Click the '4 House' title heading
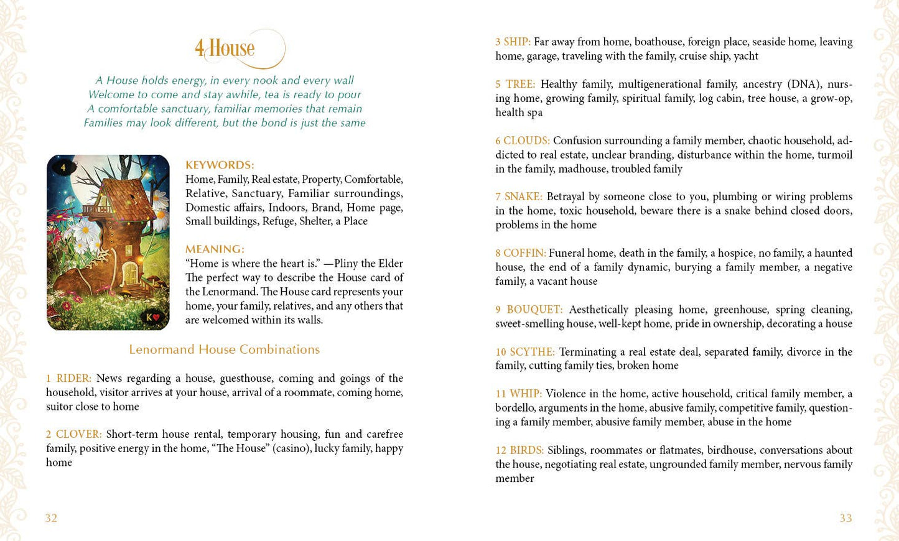click(x=225, y=49)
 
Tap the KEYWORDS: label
click(x=220, y=165)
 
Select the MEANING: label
click(x=215, y=249)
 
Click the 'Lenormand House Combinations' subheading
click(x=224, y=349)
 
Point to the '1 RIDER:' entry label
click(x=68, y=378)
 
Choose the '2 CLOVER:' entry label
click(x=73, y=434)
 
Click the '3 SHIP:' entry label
click(x=513, y=42)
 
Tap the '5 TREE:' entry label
click(x=515, y=84)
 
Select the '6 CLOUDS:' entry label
click(x=522, y=141)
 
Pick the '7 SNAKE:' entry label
click(x=518, y=197)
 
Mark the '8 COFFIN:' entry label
click(x=520, y=253)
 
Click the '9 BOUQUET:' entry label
click(x=529, y=310)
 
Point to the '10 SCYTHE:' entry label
click(x=524, y=352)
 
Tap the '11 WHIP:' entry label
click(x=518, y=394)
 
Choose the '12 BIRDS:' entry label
click(x=519, y=450)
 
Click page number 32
click(x=51, y=519)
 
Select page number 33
click(x=845, y=519)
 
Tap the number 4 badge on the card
click(x=63, y=167)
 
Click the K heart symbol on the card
click(x=153, y=317)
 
